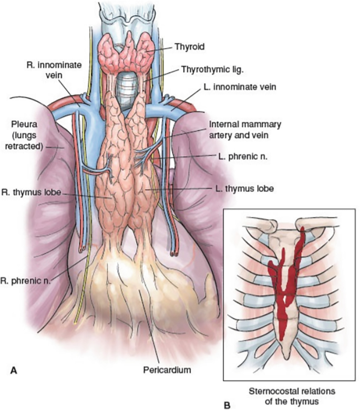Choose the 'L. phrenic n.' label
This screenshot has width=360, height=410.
(x=239, y=156)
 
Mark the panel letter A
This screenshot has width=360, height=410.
(x=14, y=370)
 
